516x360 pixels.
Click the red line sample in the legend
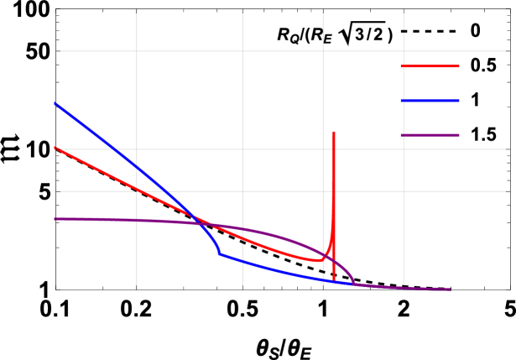pos(430,66)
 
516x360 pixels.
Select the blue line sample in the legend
pos(430,101)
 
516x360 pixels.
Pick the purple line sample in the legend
pos(430,135)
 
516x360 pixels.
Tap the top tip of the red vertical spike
pos(334,132)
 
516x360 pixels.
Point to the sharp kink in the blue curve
pos(220,253)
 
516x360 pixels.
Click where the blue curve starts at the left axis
pos(56,104)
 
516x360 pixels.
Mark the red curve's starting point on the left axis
pos(56,148)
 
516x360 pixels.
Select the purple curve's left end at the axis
pos(56,219)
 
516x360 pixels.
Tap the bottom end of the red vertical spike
pos(334,280)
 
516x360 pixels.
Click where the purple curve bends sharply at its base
pos(353,284)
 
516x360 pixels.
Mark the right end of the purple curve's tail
pos(450,290)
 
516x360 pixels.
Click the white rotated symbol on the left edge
pos(11,149)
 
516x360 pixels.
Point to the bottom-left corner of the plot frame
pos(56,289)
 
